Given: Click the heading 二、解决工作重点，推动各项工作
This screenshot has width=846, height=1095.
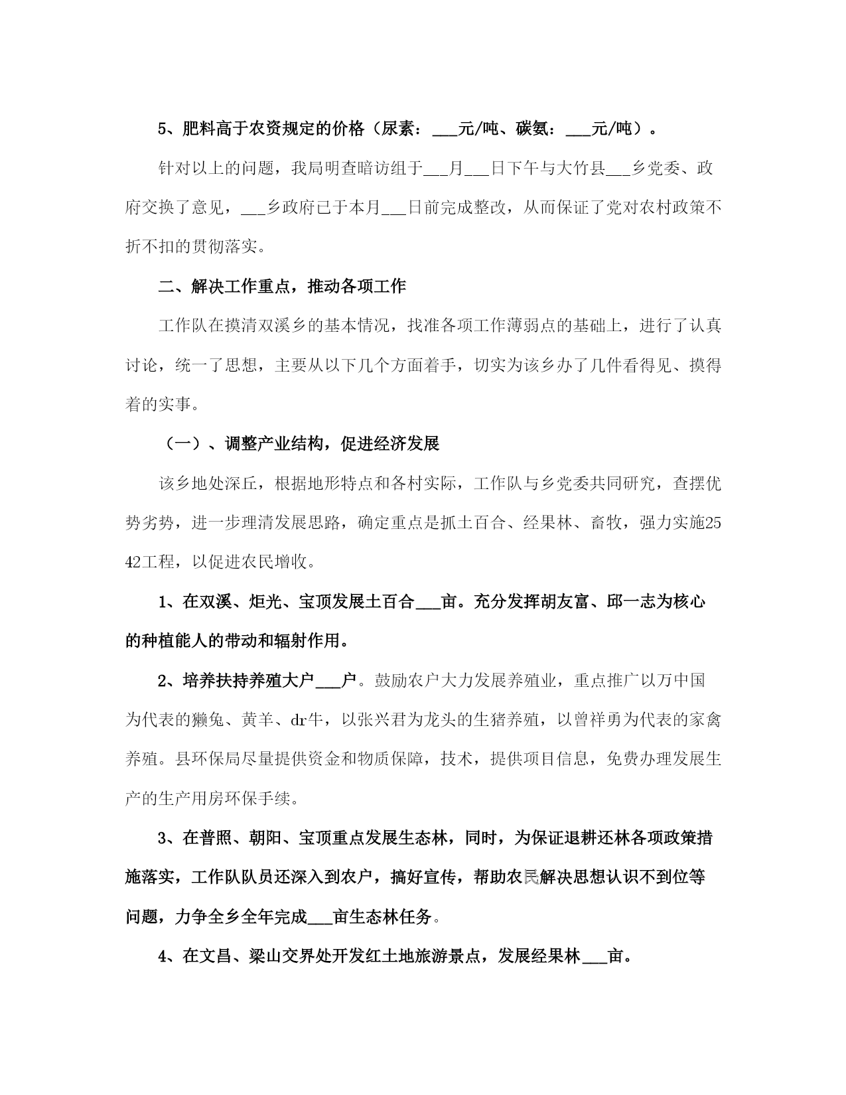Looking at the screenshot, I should click(282, 287).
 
